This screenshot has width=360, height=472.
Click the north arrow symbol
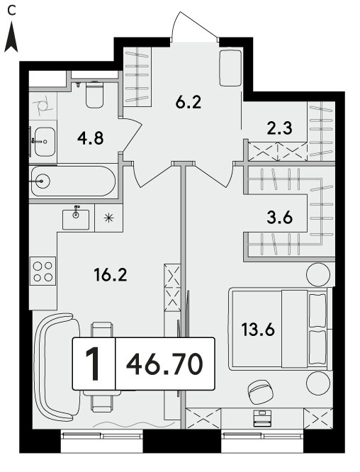tap(11, 37)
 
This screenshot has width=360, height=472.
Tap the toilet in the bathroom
tap(95, 94)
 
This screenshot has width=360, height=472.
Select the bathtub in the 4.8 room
tap(73, 181)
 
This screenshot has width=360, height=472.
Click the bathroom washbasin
tap(45, 142)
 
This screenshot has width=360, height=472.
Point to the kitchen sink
tap(76, 219)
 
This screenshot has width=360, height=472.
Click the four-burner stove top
tap(43, 271)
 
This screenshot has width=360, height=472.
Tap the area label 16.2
tap(111, 275)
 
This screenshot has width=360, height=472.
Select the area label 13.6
tap(258, 329)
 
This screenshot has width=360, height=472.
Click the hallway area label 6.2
tap(189, 102)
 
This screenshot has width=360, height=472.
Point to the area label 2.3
tap(279, 128)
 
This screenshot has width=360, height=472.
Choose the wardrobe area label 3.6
tap(280, 218)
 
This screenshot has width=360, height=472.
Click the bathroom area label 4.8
tap(90, 138)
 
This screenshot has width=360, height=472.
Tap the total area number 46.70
tap(164, 364)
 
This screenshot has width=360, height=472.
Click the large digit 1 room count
tap(93, 364)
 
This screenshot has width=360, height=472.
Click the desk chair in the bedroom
tap(260, 391)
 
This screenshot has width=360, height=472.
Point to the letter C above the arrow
tap(11, 11)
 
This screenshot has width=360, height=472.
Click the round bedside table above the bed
tap(318, 274)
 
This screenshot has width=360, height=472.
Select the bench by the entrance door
tap(230, 68)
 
